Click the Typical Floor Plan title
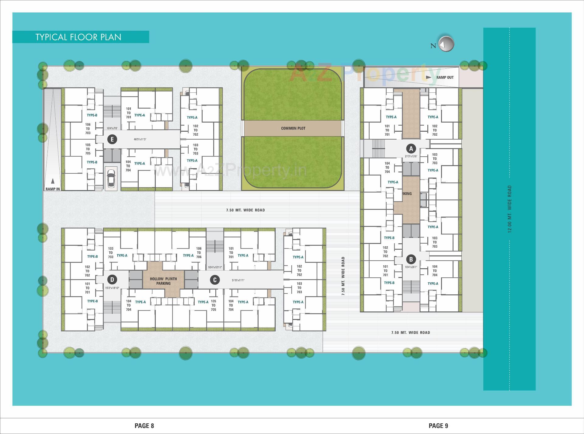(78, 37)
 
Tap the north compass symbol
(446, 44)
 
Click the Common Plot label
(293, 128)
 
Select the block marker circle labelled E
(112, 140)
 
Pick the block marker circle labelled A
(411, 149)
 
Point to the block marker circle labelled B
(411, 259)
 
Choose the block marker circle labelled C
(215, 280)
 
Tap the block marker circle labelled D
(112, 280)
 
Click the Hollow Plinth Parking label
(163, 281)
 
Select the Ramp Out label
(445, 78)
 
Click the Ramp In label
(53, 189)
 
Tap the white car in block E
(111, 178)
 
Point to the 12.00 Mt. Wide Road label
(510, 209)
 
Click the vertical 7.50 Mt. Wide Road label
(343, 276)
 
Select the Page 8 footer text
(144, 426)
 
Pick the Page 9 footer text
(438, 426)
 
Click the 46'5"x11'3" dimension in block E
(140, 140)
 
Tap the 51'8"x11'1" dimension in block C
(238, 280)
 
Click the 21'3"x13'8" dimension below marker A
(411, 156)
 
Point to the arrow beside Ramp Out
(429, 77)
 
